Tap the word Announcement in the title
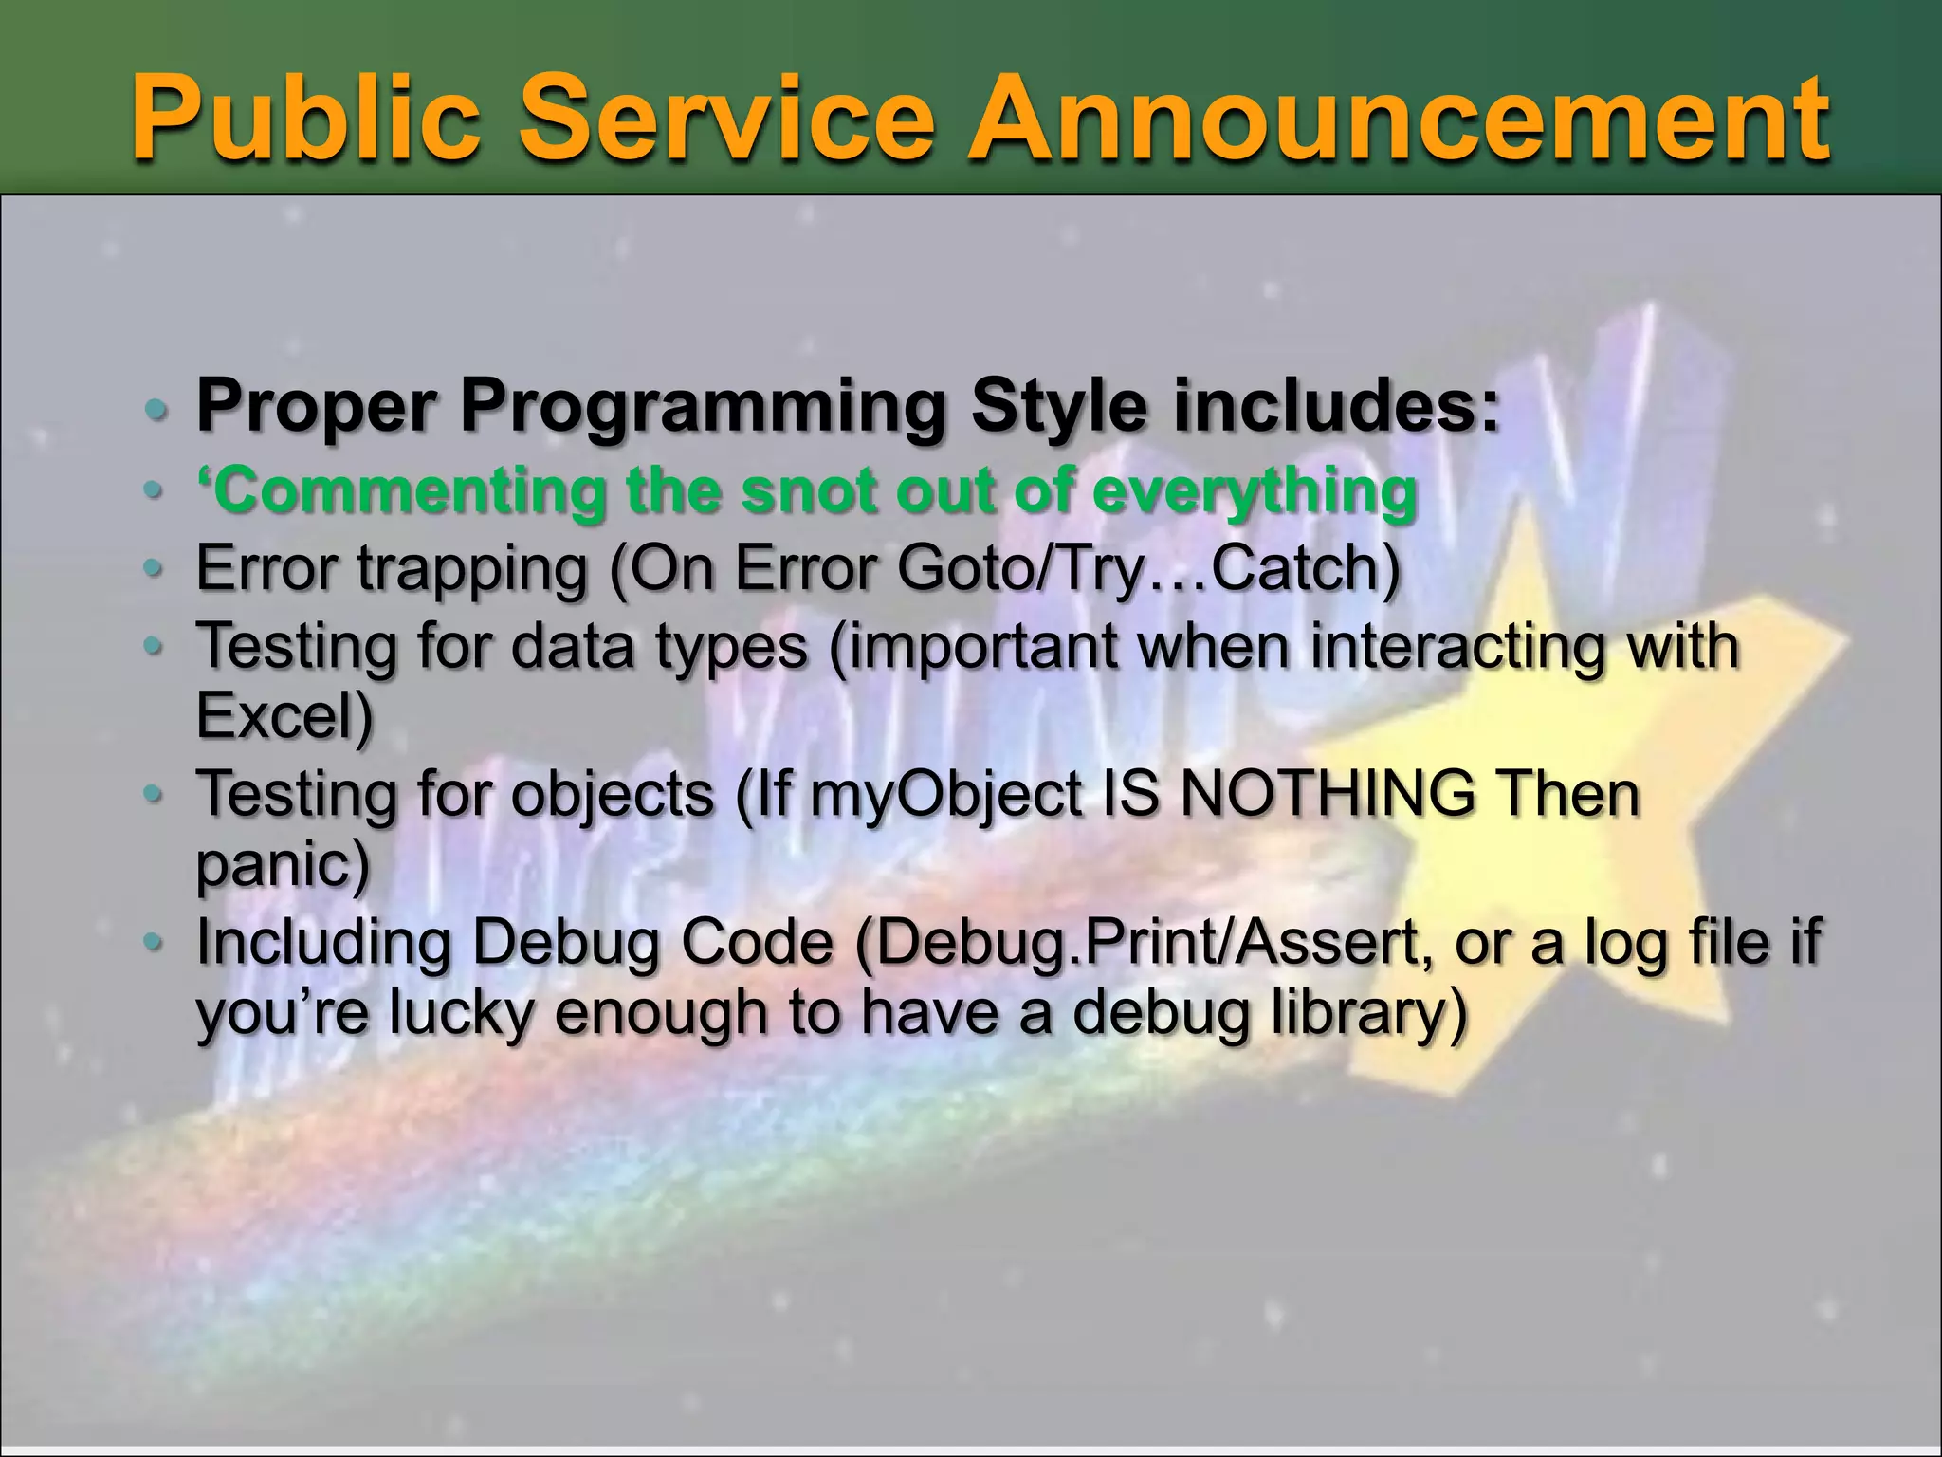pyautogui.click(x=1398, y=119)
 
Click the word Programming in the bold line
pyautogui.click(x=703, y=407)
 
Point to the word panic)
pyautogui.click(x=283, y=864)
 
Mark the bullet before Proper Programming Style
pyautogui.click(x=156, y=410)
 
